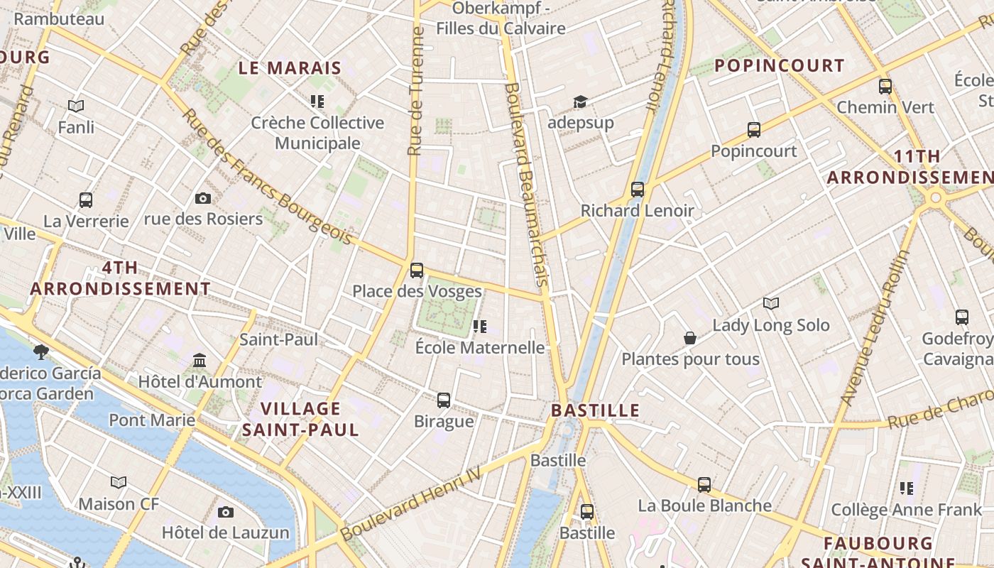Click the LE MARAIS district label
click(290, 68)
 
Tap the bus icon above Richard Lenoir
click(638, 190)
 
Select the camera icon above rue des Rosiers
click(203, 198)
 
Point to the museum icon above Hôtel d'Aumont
click(200, 361)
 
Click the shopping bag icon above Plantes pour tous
click(689, 338)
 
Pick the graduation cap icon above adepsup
click(580, 102)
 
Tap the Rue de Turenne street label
click(416, 91)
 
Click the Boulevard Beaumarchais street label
click(527, 185)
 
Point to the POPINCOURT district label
click(779, 66)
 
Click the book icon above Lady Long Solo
click(771, 304)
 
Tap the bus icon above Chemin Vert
click(885, 87)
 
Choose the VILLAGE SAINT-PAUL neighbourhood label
click(301, 419)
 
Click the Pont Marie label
click(152, 420)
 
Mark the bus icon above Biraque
click(444, 400)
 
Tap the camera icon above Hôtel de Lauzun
click(226, 512)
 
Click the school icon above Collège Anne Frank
click(907, 488)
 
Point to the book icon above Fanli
click(76, 106)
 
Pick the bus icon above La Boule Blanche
click(704, 485)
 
